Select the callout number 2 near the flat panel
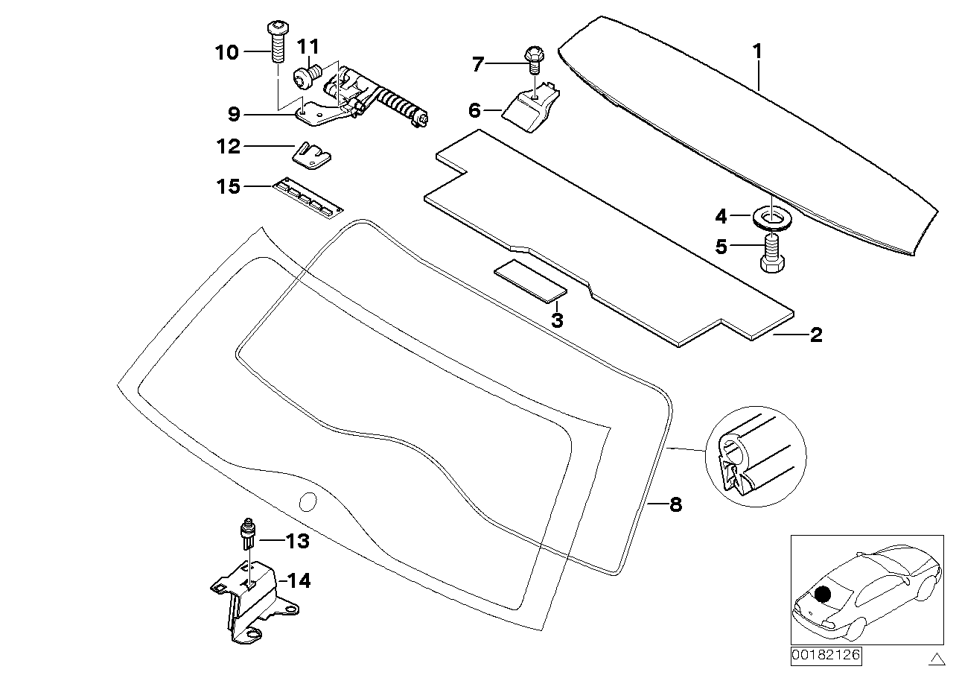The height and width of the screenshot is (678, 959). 816,335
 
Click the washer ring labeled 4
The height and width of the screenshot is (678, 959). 772,218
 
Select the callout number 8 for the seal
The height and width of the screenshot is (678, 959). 675,505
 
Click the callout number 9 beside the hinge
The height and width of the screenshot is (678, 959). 233,114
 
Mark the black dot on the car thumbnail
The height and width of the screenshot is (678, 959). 822,595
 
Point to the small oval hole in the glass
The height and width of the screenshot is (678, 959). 307,501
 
